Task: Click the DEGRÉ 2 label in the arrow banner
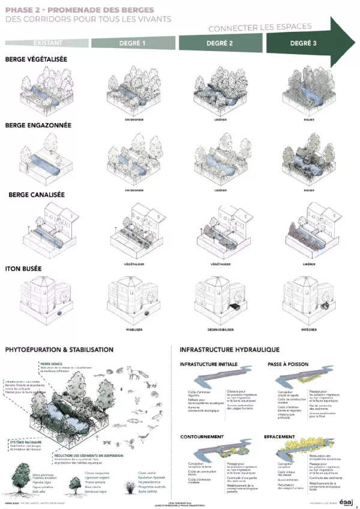[x=220, y=43]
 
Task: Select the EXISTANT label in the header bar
[x=48, y=43]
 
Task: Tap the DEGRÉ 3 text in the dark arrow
[x=304, y=43]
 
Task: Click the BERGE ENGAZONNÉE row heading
[x=38, y=126]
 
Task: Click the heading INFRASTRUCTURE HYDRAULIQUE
[x=230, y=349]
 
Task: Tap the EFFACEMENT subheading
[x=280, y=437]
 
